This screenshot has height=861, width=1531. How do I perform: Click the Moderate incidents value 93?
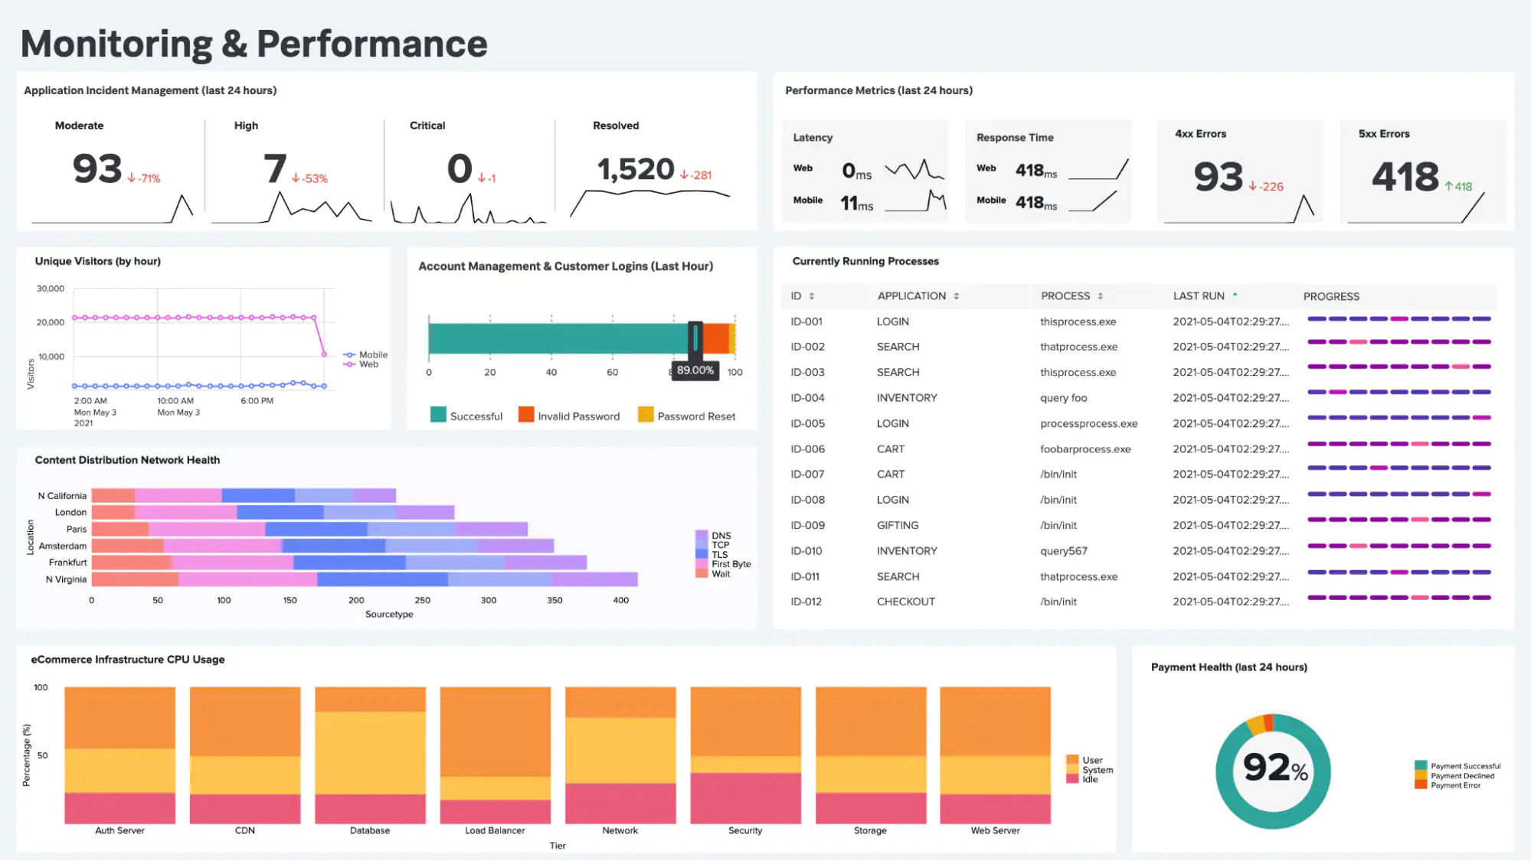(x=97, y=169)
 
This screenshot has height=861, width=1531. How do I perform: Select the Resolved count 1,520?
(x=635, y=169)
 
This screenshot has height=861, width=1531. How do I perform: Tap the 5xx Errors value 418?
(x=1405, y=177)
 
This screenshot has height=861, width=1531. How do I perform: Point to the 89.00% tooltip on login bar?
(x=695, y=370)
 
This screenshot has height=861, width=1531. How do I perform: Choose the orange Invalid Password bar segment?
(x=715, y=338)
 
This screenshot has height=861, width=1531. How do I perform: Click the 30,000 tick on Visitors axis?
(x=51, y=289)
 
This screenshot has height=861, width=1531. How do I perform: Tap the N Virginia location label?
(x=66, y=579)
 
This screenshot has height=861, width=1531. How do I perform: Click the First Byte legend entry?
(x=730, y=564)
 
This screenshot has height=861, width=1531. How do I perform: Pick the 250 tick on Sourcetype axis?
(x=422, y=601)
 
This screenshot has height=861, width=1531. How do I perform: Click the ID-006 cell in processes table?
(x=807, y=449)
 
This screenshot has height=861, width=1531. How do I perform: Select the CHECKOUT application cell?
(x=905, y=602)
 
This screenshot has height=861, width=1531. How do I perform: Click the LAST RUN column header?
(x=1199, y=296)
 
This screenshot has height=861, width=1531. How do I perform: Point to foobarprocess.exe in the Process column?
(x=1084, y=449)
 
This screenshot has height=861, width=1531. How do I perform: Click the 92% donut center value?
(x=1274, y=768)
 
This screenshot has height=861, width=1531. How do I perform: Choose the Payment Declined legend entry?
(x=1461, y=776)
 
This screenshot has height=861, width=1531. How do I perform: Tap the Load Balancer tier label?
(x=495, y=830)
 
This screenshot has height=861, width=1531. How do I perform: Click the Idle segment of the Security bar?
(x=745, y=798)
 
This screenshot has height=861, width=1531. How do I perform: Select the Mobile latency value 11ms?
(x=856, y=204)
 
